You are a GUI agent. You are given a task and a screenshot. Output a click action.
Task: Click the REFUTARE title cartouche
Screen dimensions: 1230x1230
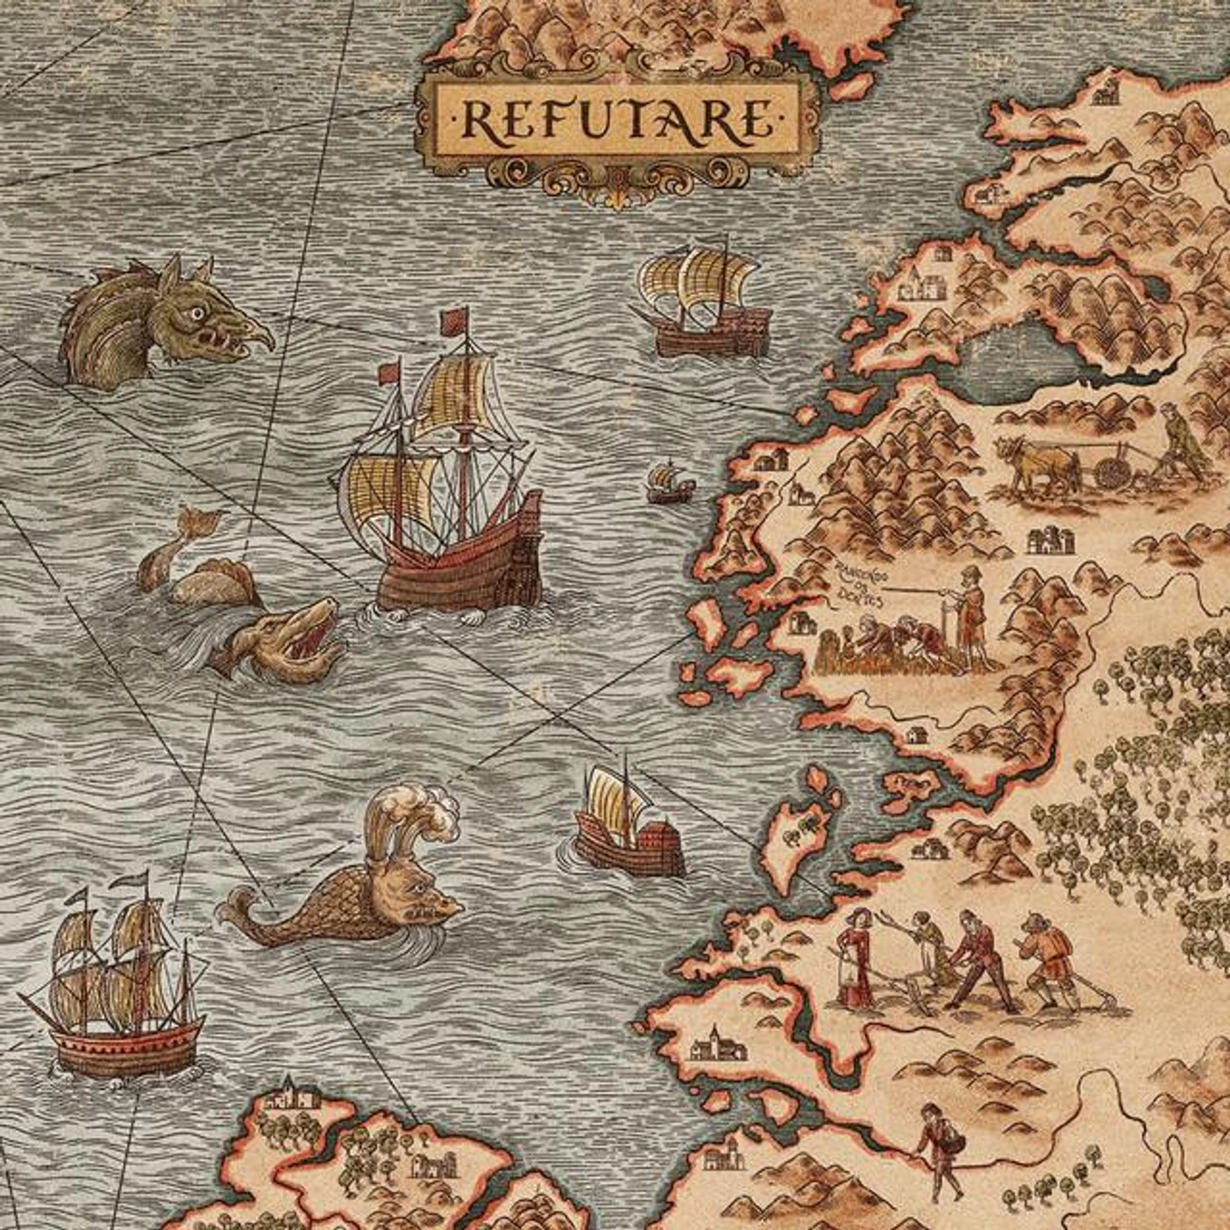click(x=618, y=121)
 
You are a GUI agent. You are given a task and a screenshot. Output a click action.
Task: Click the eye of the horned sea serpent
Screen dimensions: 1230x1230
click(x=199, y=312)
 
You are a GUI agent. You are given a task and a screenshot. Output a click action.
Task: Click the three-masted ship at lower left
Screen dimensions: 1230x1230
click(x=119, y=984)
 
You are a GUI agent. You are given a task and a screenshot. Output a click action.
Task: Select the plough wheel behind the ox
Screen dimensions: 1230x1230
click(x=1113, y=472)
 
